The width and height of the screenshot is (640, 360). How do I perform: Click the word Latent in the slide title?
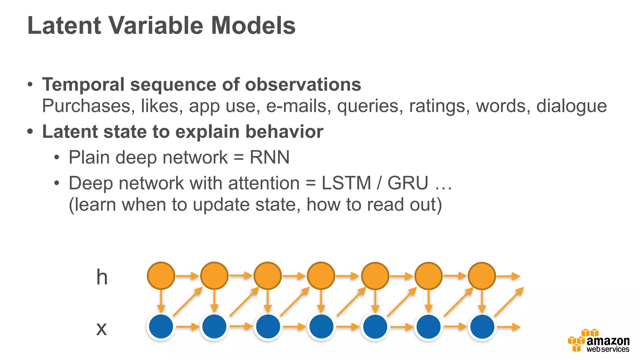click(64, 26)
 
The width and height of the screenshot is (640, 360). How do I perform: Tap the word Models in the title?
click(253, 26)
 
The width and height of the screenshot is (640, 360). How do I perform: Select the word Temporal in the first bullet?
click(83, 85)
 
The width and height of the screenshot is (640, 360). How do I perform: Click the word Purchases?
click(86, 106)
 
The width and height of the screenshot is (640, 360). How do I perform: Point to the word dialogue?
click(572, 106)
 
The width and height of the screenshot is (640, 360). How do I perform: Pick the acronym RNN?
click(269, 157)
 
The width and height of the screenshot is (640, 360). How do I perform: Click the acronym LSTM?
click(346, 183)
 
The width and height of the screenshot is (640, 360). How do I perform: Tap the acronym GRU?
click(408, 183)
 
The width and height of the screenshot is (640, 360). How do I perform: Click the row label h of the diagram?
click(102, 277)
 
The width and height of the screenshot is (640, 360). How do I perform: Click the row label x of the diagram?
click(102, 329)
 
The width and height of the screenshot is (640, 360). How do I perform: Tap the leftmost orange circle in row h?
click(161, 276)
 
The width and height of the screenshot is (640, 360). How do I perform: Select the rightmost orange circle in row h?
click(482, 276)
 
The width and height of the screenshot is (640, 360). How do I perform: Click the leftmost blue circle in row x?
click(161, 327)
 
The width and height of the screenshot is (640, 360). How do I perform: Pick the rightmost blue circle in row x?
click(482, 327)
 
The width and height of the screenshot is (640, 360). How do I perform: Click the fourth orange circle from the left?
click(321, 276)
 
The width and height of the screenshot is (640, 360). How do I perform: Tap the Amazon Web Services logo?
click(598, 341)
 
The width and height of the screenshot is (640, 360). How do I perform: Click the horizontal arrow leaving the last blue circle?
click(508, 327)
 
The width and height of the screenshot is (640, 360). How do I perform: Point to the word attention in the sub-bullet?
click(264, 183)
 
